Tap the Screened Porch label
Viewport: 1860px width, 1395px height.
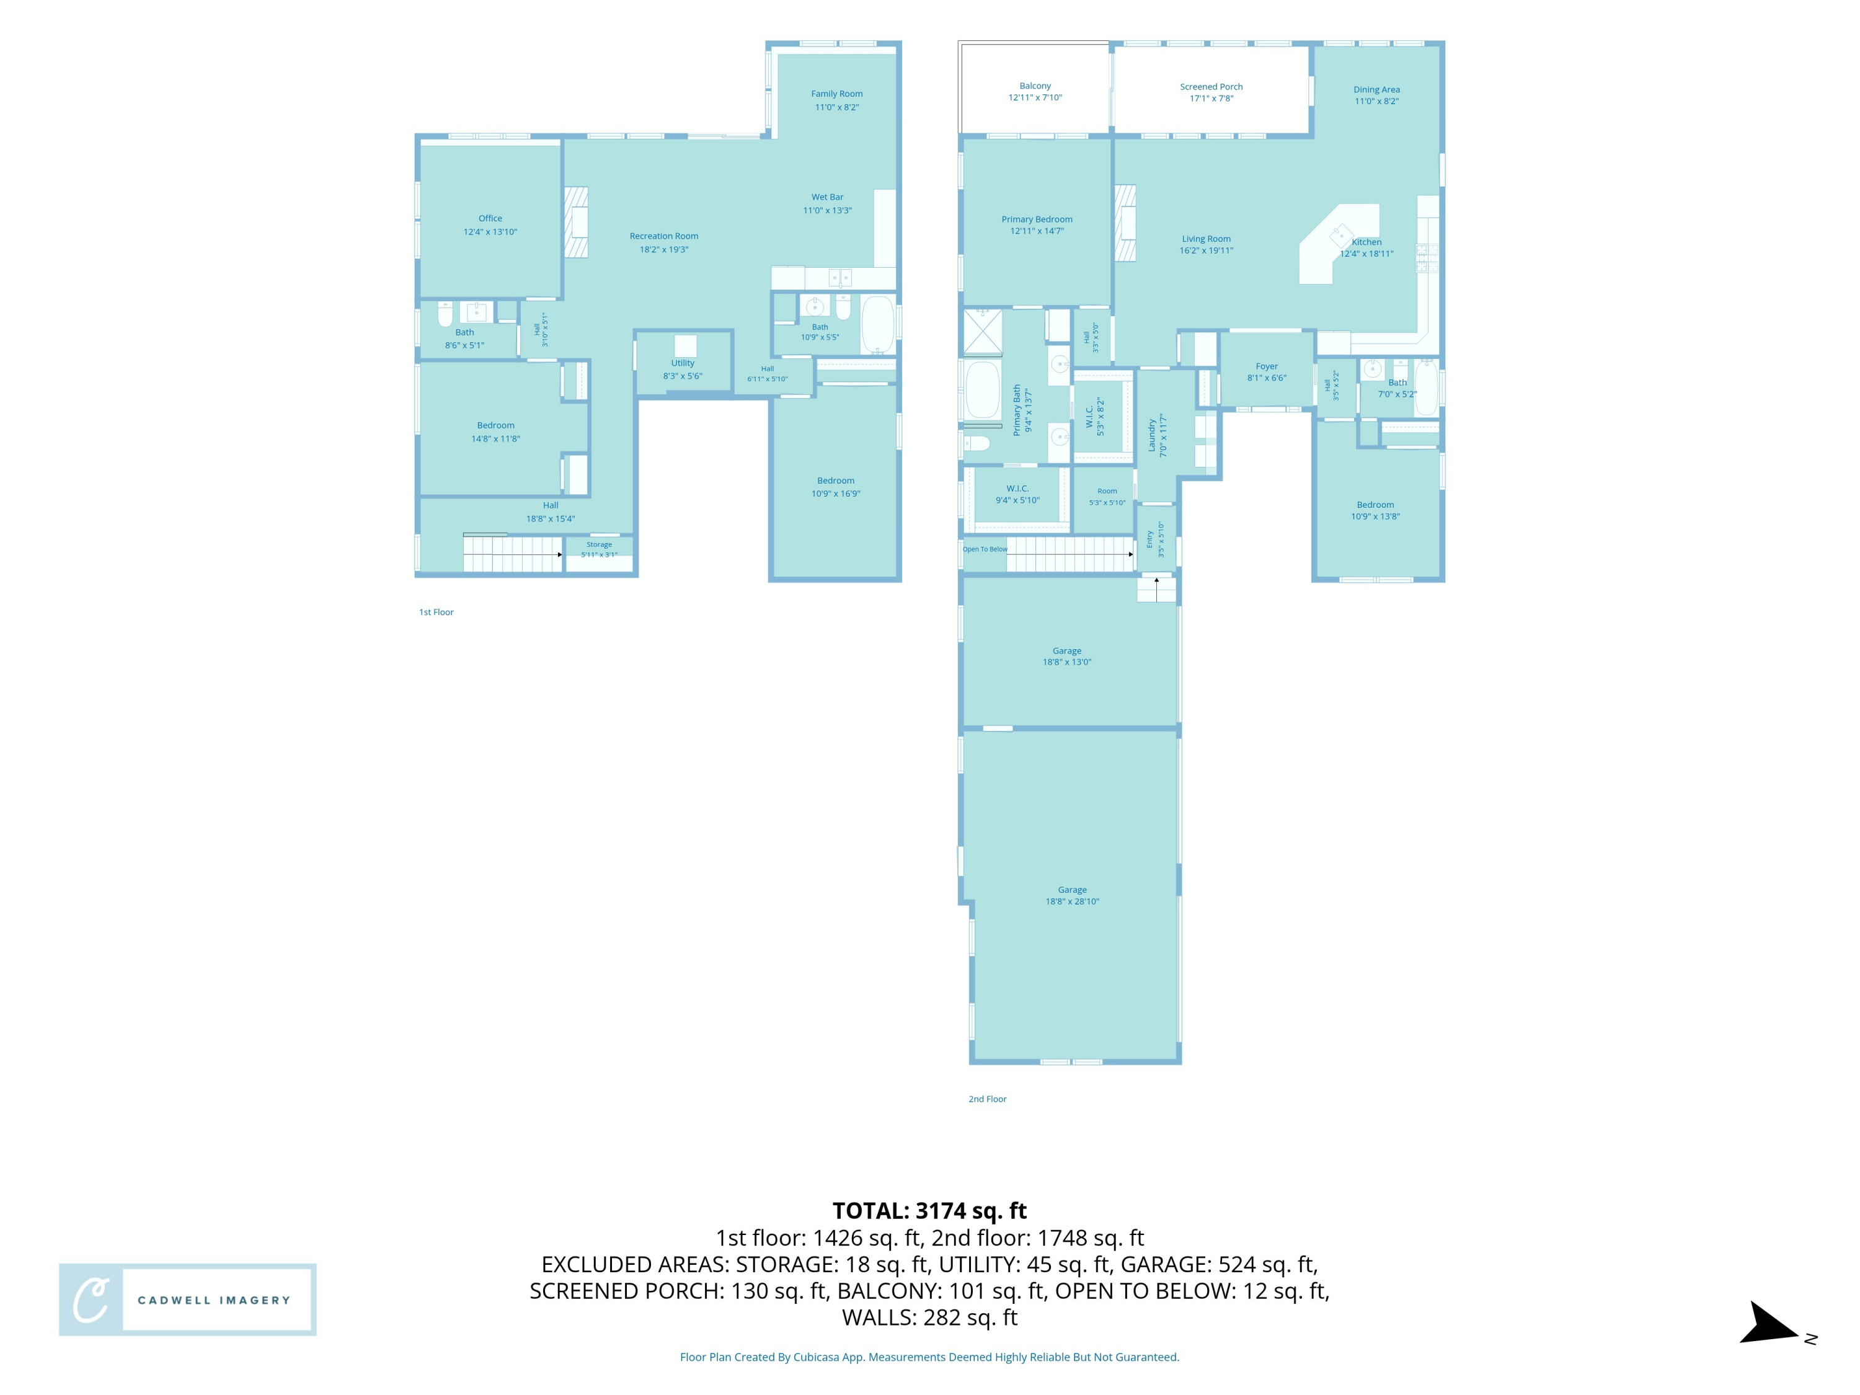1211,87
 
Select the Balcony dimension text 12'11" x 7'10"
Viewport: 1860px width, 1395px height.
1035,97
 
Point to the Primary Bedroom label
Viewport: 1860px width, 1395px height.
1037,219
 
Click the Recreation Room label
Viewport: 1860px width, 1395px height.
663,236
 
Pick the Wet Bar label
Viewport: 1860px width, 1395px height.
828,197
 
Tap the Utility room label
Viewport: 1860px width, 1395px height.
683,363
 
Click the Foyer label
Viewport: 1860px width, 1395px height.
1266,366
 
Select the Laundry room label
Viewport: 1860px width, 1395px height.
1152,436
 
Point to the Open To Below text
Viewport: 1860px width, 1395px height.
985,549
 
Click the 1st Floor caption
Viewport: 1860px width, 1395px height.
436,612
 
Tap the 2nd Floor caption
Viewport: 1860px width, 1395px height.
987,1099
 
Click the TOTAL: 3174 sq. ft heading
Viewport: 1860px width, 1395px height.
929,1211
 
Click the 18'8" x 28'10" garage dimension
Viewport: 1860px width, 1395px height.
1072,901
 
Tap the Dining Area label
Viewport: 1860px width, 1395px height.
1376,90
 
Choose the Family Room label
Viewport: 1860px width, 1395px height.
836,94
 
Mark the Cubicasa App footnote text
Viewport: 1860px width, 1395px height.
929,1357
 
